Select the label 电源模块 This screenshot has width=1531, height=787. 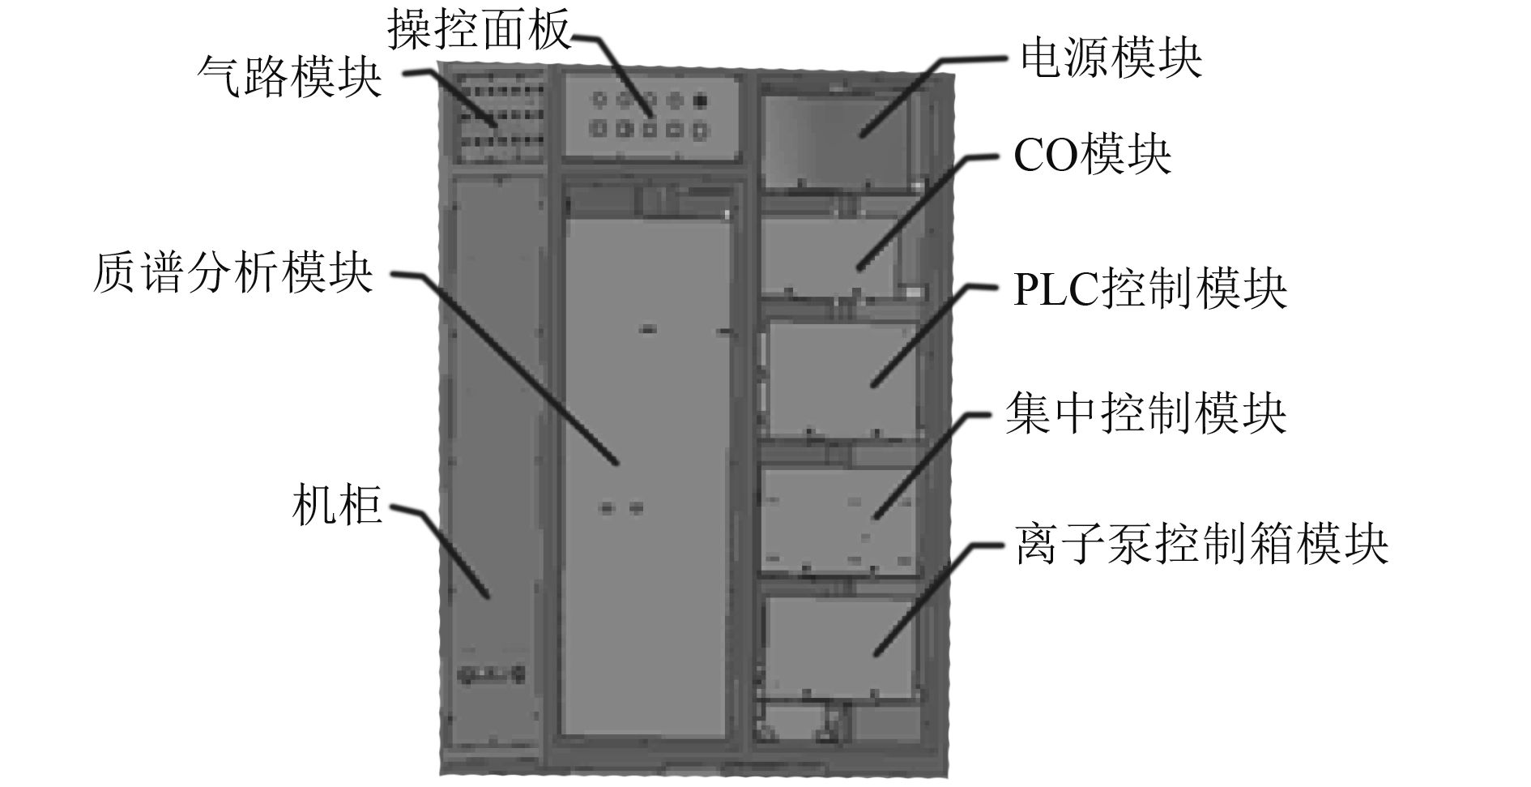point(1111,58)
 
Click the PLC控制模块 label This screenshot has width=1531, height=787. point(1150,288)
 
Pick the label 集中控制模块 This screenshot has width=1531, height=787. point(1145,413)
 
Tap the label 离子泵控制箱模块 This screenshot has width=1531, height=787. point(1201,542)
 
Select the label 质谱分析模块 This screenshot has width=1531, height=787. point(233,272)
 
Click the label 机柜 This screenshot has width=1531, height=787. point(336,507)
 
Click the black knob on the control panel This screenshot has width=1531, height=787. point(701,101)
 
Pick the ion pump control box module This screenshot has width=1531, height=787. point(842,644)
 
